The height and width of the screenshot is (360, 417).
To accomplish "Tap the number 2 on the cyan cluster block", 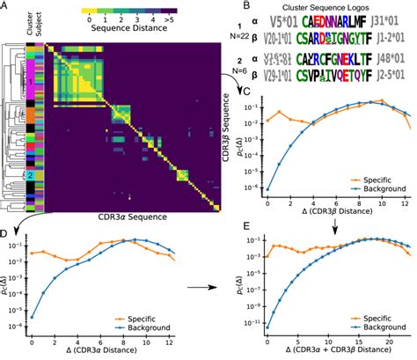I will [x=29, y=175].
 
